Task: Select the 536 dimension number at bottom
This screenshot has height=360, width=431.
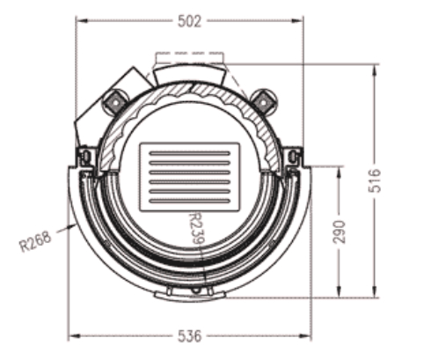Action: (x=189, y=335)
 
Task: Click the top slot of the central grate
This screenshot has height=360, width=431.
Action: (x=190, y=153)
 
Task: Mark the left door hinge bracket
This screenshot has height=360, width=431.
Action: (x=85, y=158)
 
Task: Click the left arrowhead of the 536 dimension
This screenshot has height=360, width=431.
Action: (x=72, y=335)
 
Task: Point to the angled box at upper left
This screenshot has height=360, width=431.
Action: (x=99, y=106)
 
